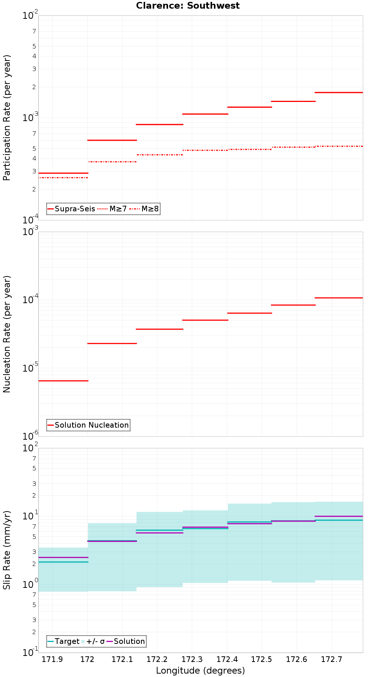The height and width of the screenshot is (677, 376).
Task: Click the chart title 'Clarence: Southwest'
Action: click(188, 6)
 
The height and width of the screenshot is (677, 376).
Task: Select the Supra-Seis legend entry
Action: click(71, 209)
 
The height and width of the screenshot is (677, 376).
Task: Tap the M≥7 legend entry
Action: click(112, 209)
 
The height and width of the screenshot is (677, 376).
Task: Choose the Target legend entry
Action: click(64, 641)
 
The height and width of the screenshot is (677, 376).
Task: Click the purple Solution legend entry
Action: click(126, 641)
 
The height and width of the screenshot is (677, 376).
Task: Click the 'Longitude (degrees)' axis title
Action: click(200, 670)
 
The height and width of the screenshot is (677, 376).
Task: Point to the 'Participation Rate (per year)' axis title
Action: click(7, 118)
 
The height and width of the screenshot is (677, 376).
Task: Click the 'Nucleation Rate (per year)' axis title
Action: click(7, 334)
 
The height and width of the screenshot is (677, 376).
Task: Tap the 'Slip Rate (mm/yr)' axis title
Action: click(7, 550)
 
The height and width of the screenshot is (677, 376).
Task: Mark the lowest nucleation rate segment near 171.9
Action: click(63, 381)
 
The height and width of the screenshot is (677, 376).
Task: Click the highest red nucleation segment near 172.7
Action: click(338, 298)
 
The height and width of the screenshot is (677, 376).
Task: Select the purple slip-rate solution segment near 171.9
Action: click(63, 557)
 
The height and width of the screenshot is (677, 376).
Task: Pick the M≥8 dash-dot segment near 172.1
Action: click(112, 162)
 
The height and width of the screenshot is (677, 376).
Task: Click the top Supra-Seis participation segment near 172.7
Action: click(338, 92)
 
